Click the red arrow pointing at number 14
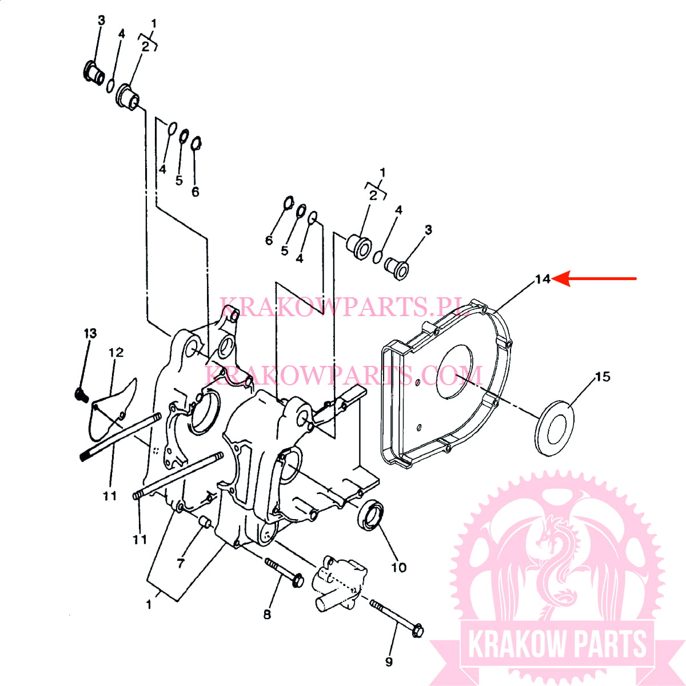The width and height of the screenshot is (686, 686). pyautogui.click(x=594, y=279)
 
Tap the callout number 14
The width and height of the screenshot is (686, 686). pyautogui.click(x=543, y=279)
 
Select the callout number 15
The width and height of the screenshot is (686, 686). pyautogui.click(x=603, y=377)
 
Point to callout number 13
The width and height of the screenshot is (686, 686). pyautogui.click(x=90, y=333)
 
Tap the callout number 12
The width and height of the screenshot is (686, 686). pyautogui.click(x=116, y=353)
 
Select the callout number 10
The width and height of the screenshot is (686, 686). pyautogui.click(x=398, y=568)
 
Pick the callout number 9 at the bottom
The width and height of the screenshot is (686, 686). pyautogui.click(x=389, y=661)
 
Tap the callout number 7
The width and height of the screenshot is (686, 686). pyautogui.click(x=181, y=563)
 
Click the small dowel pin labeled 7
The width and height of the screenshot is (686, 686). pyautogui.click(x=205, y=523)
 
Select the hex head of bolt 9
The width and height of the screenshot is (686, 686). pyautogui.click(x=417, y=631)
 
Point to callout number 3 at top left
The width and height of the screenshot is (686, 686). pyautogui.click(x=101, y=20)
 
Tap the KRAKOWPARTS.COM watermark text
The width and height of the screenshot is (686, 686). pyautogui.click(x=344, y=375)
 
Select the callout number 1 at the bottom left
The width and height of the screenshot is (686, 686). pyautogui.click(x=149, y=604)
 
